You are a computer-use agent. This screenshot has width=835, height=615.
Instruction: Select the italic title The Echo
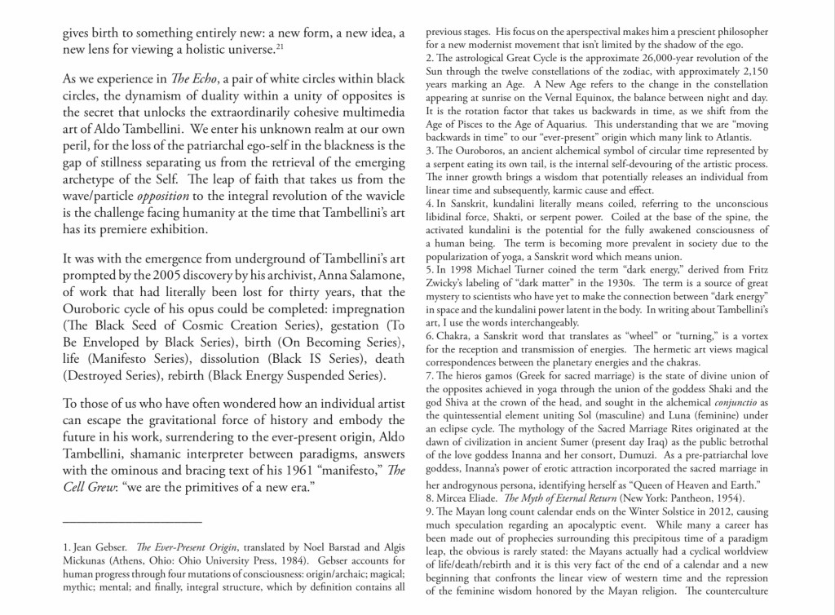point(186,77)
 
